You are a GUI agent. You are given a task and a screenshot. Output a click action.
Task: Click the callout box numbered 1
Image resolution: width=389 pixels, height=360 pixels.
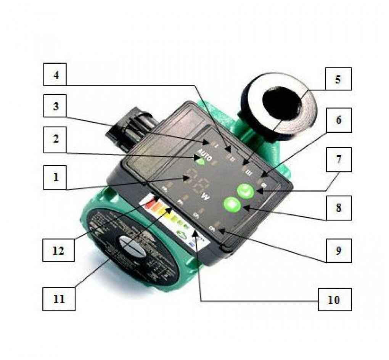pyautogui.click(x=56, y=178)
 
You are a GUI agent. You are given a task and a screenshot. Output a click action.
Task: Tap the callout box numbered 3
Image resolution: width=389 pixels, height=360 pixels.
pyautogui.click(x=56, y=107)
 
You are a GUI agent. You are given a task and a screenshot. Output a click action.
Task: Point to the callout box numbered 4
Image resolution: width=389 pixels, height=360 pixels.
pyautogui.click(x=56, y=75)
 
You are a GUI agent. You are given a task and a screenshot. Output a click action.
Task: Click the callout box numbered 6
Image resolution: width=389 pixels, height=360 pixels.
pyautogui.click(x=338, y=120)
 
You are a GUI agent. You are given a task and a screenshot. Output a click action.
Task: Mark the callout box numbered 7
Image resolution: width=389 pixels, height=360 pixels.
pyautogui.click(x=338, y=159)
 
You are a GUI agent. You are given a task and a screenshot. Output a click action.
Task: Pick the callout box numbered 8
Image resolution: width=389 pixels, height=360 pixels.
pyautogui.click(x=338, y=209)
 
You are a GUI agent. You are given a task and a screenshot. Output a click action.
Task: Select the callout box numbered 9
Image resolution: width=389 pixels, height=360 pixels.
pyautogui.click(x=338, y=251)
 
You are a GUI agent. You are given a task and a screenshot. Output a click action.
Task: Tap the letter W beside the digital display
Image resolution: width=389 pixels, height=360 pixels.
pyautogui.click(x=206, y=197)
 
